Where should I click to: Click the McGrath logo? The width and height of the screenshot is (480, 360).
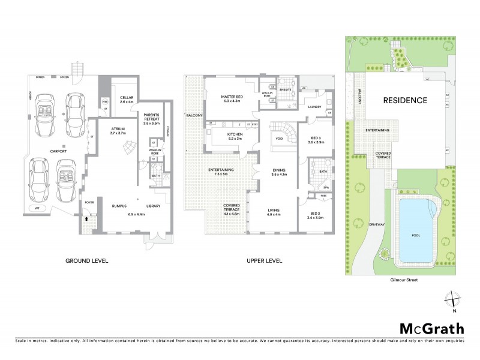(x=431, y=328)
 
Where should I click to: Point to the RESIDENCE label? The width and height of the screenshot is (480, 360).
(x=406, y=100)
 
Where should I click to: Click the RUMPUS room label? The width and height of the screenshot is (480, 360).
(x=121, y=206)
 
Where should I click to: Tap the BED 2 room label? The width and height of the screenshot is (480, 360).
(x=315, y=215)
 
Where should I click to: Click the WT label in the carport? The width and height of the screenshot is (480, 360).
(x=38, y=208)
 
